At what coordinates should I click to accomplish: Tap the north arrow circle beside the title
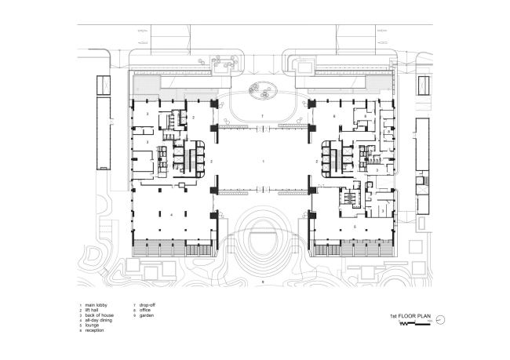pyautogui.click(x=441, y=318)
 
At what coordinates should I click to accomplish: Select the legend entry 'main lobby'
pyautogui.click(x=97, y=305)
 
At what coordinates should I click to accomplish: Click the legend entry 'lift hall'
pyautogui.click(x=94, y=311)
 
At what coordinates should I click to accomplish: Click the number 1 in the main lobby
pyautogui.click(x=263, y=160)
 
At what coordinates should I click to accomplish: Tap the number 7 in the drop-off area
pyautogui.click(x=263, y=115)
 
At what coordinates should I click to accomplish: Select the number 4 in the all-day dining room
pyautogui.click(x=171, y=213)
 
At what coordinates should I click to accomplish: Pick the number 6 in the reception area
pyautogui.click(x=334, y=116)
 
